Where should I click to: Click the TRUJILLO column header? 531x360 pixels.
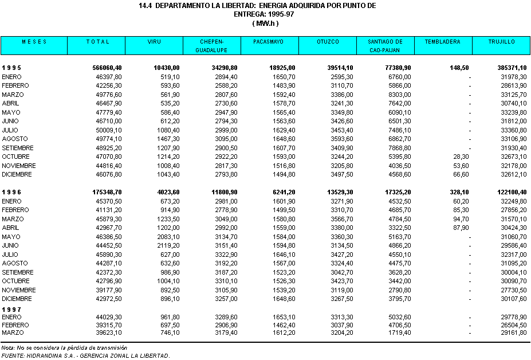click(x=501, y=42)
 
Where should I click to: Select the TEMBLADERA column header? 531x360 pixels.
click(x=443, y=42)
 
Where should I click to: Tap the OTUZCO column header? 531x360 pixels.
click(x=327, y=42)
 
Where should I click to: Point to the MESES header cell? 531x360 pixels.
click(x=34, y=42)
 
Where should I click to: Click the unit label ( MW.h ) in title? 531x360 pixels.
click(x=265, y=24)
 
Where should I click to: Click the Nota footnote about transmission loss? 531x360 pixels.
click(x=64, y=347)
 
